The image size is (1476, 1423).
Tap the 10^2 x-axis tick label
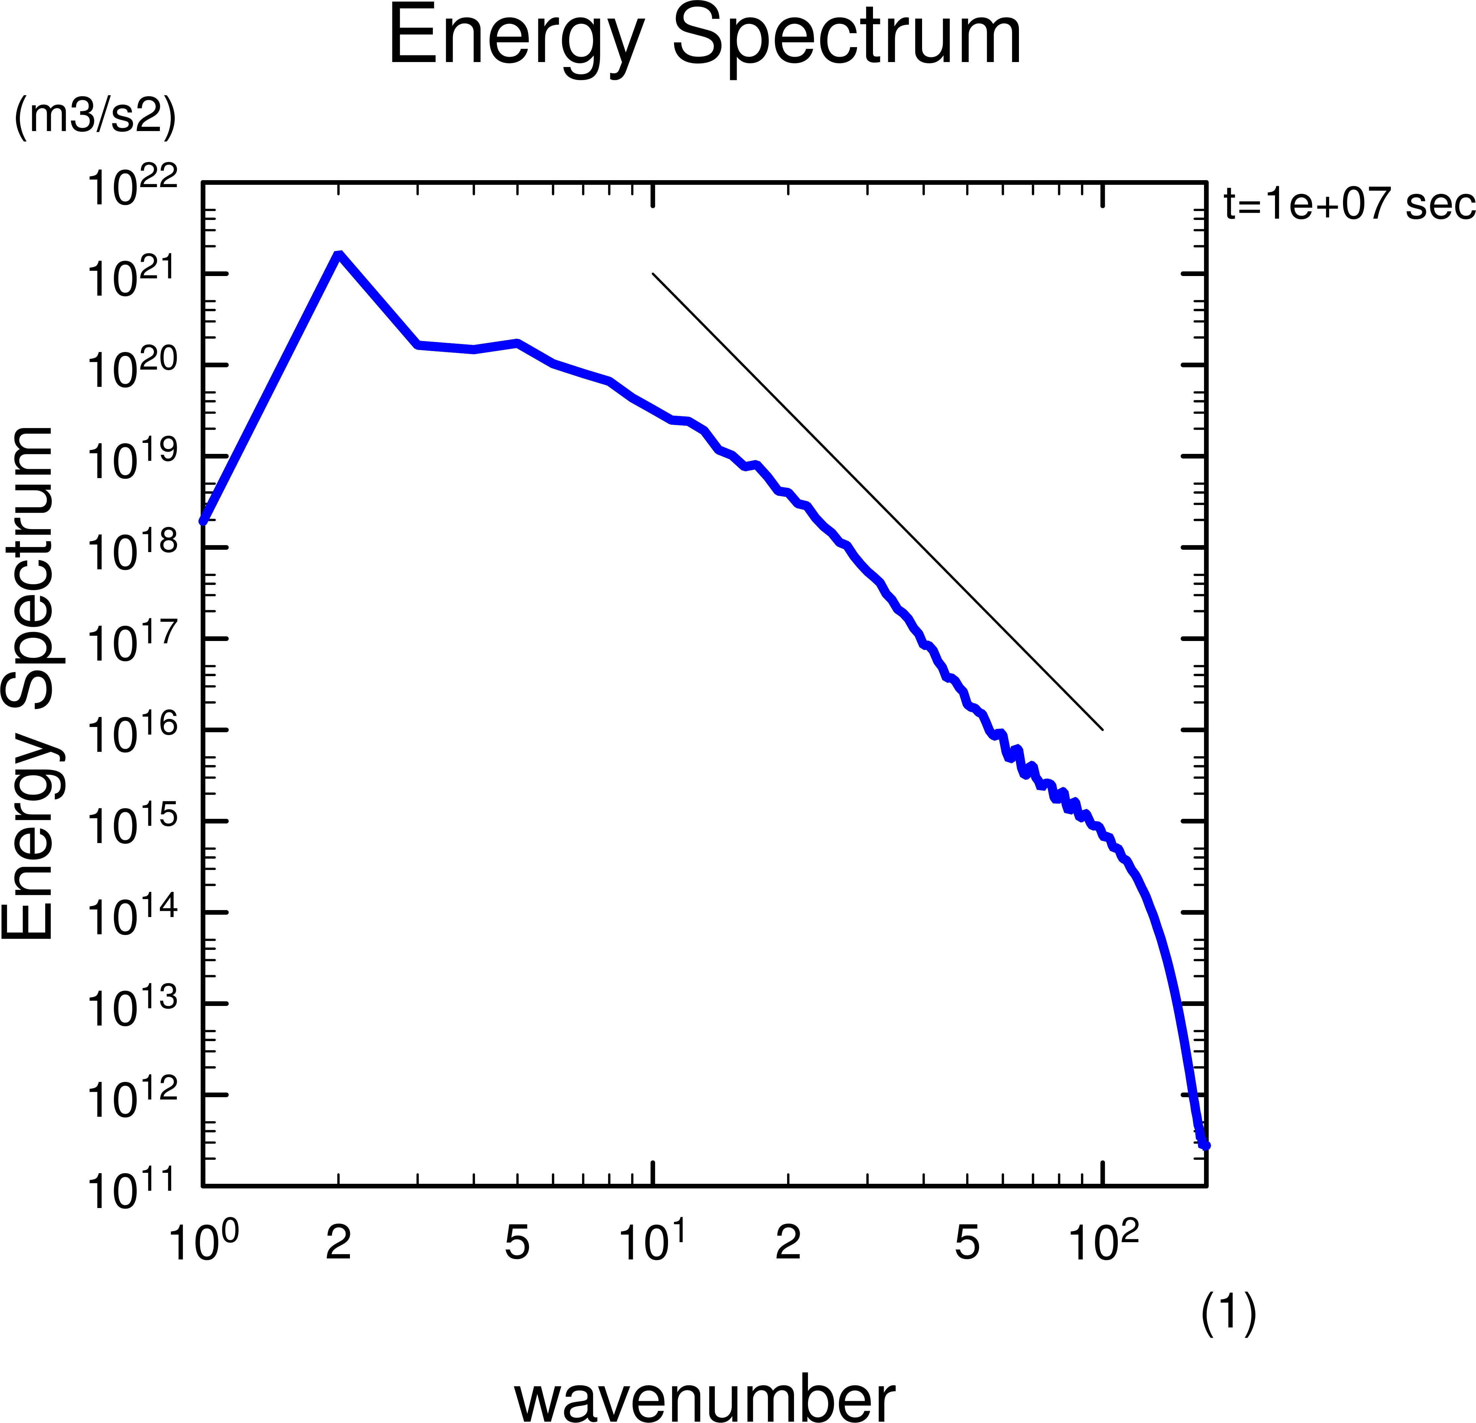1103,1242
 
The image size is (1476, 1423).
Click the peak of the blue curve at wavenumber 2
339,254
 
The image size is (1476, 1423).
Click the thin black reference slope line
877,502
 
